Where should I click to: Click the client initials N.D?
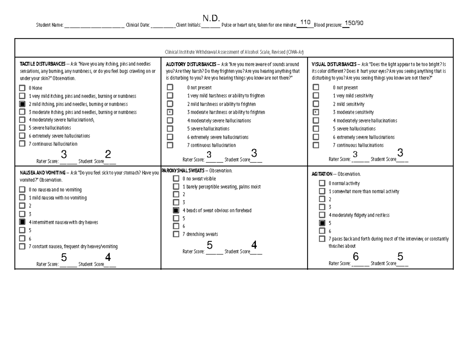point(211,18)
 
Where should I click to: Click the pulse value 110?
point(305,23)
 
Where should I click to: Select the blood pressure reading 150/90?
point(354,23)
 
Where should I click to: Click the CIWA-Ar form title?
point(234,52)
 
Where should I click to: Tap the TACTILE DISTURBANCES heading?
point(43,64)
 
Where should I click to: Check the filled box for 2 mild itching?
point(22,104)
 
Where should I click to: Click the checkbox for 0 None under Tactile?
point(22,88)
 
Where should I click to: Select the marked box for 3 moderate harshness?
point(170,112)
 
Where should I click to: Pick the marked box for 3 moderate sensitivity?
point(316,112)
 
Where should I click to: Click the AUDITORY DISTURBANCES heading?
point(191,64)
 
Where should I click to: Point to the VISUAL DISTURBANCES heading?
point(334,64)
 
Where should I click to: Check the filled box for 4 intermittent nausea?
point(22,222)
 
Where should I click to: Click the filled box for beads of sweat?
point(176,210)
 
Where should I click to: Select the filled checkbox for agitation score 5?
point(322,223)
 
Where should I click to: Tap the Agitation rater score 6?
point(355,257)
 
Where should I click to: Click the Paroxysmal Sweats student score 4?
point(254,245)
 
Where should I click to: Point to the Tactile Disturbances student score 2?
point(108,155)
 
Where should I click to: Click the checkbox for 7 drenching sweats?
point(176,234)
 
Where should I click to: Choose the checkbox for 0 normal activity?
point(322,183)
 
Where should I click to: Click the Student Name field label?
point(50,25)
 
